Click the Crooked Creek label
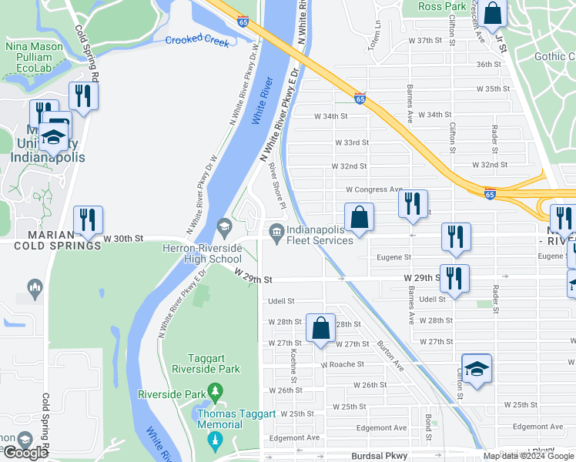click(197, 39)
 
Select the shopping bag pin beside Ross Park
click(494, 14)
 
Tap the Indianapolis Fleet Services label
click(320, 234)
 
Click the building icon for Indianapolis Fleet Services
click(275, 229)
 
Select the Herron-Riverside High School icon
click(224, 226)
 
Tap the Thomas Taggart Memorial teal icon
click(215, 439)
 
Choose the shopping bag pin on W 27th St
click(320, 329)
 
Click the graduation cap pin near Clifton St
click(477, 368)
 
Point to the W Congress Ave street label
click(374, 189)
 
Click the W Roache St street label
click(342, 364)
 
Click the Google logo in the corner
click(25, 453)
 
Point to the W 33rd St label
click(351, 142)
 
